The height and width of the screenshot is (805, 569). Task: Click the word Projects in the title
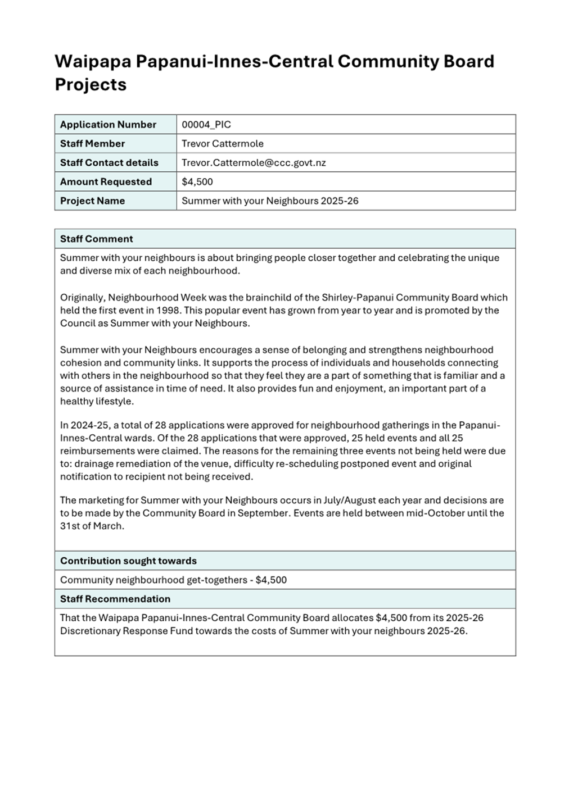pos(91,85)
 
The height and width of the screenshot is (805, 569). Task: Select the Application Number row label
pos(108,125)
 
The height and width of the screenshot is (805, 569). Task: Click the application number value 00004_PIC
pos(206,125)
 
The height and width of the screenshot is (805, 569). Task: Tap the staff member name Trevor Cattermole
pos(223,144)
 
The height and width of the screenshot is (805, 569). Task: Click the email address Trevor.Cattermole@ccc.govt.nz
pos(254,163)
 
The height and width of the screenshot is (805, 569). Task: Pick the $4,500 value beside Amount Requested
pos(197,182)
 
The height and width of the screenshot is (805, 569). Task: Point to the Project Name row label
pos(92,201)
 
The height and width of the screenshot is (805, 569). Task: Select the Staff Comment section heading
pos(96,239)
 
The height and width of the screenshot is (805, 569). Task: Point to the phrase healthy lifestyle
pos(97,402)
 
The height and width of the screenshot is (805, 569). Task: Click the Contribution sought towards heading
pos(128,561)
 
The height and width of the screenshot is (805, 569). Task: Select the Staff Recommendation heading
pos(115,599)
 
